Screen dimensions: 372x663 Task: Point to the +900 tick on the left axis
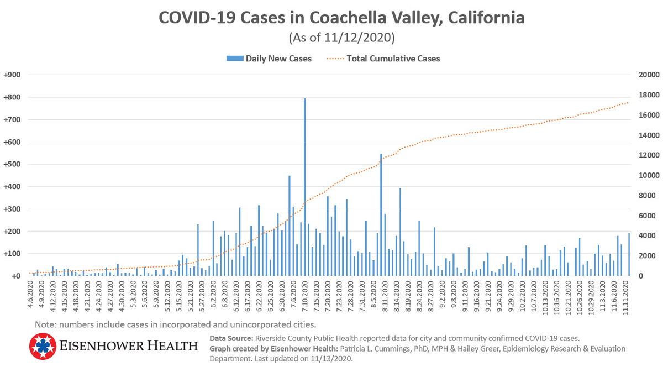tap(12, 75)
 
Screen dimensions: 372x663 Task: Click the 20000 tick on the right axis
tap(648, 75)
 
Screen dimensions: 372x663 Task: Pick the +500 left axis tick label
tap(12, 164)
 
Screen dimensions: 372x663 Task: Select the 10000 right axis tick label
tap(648, 175)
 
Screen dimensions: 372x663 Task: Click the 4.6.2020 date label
tap(30, 296)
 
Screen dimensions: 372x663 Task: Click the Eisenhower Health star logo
tap(43, 347)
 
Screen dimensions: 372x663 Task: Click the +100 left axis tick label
tap(12, 254)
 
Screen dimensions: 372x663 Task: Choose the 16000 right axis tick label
tap(648, 115)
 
